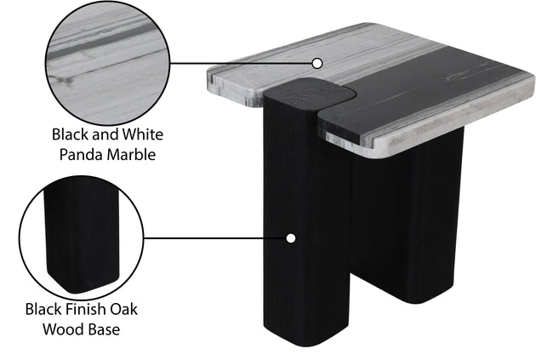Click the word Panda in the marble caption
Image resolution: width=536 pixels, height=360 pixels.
[81, 155]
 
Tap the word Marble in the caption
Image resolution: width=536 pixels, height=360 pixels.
[131, 155]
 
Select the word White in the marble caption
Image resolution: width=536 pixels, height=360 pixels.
[143, 134]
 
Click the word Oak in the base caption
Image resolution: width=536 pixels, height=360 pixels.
[123, 309]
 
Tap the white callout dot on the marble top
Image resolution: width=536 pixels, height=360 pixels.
[317, 63]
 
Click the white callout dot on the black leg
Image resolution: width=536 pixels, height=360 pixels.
[291, 238]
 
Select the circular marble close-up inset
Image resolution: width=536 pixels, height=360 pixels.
[108, 63]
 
